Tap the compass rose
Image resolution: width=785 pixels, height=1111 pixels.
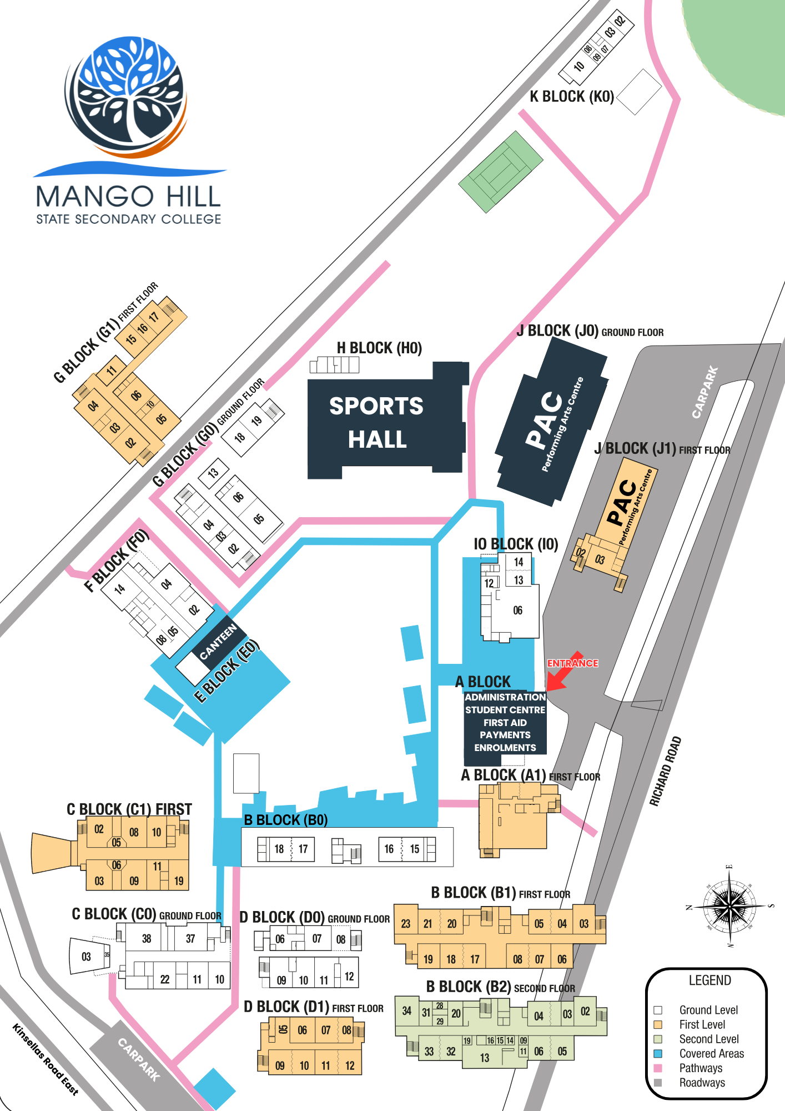(729, 906)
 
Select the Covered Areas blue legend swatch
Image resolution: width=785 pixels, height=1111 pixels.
(658, 1053)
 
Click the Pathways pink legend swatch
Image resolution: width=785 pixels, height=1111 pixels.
(658, 1068)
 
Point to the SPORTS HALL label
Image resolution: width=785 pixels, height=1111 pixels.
(377, 423)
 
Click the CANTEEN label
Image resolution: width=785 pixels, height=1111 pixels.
(218, 641)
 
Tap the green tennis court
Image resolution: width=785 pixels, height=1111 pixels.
(501, 172)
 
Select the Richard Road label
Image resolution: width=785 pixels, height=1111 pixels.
(665, 771)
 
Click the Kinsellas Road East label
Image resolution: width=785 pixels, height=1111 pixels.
(46, 1059)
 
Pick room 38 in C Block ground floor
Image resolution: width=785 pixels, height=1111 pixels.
(147, 939)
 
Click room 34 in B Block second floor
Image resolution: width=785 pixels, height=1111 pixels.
(407, 1010)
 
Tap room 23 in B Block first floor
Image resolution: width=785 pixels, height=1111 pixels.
(406, 923)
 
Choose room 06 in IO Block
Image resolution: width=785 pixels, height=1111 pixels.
(517, 610)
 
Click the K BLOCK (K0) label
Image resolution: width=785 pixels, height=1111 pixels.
(572, 97)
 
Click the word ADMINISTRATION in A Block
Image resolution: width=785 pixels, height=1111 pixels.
(505, 697)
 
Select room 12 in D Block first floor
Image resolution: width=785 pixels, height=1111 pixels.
(350, 1065)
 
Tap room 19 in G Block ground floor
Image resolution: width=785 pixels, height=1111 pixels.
(256, 421)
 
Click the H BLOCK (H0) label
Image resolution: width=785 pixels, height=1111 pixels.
(379, 348)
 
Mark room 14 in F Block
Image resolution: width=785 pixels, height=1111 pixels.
(120, 589)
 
